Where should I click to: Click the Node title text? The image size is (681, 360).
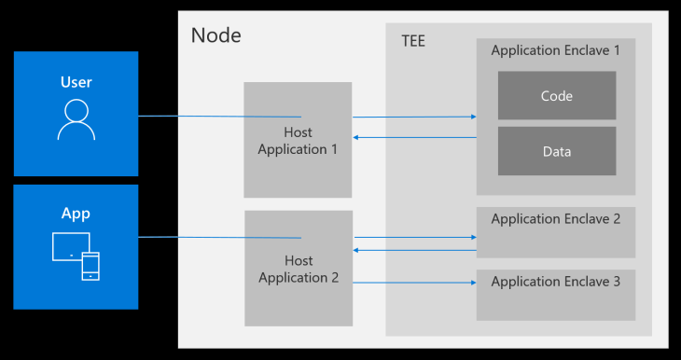[x=215, y=35]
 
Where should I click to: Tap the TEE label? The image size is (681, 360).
[x=413, y=42]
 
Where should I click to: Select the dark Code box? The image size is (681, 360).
[x=556, y=96]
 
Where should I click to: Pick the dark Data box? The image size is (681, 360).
[x=556, y=151]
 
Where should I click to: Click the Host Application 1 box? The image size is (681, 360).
[x=298, y=140]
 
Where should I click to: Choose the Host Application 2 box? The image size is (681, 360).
[x=298, y=269]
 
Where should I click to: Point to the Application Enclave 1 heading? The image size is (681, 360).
[x=555, y=50]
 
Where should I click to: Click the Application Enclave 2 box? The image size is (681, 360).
[x=555, y=232]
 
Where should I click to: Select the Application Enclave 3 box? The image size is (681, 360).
[x=555, y=294]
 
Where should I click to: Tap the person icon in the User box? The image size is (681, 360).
[x=76, y=120]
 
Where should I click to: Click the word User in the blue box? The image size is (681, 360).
[x=76, y=82]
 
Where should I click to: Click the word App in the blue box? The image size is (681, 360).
[x=76, y=214]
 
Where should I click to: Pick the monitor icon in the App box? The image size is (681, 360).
[x=70, y=247]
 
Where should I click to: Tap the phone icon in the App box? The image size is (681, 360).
[x=90, y=265]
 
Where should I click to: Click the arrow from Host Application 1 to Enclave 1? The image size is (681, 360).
[x=414, y=118]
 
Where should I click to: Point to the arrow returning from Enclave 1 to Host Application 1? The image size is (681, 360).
[x=414, y=138]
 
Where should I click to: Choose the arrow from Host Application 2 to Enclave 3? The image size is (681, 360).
[x=414, y=283]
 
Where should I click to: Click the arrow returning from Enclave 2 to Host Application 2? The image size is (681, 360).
[x=414, y=250]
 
